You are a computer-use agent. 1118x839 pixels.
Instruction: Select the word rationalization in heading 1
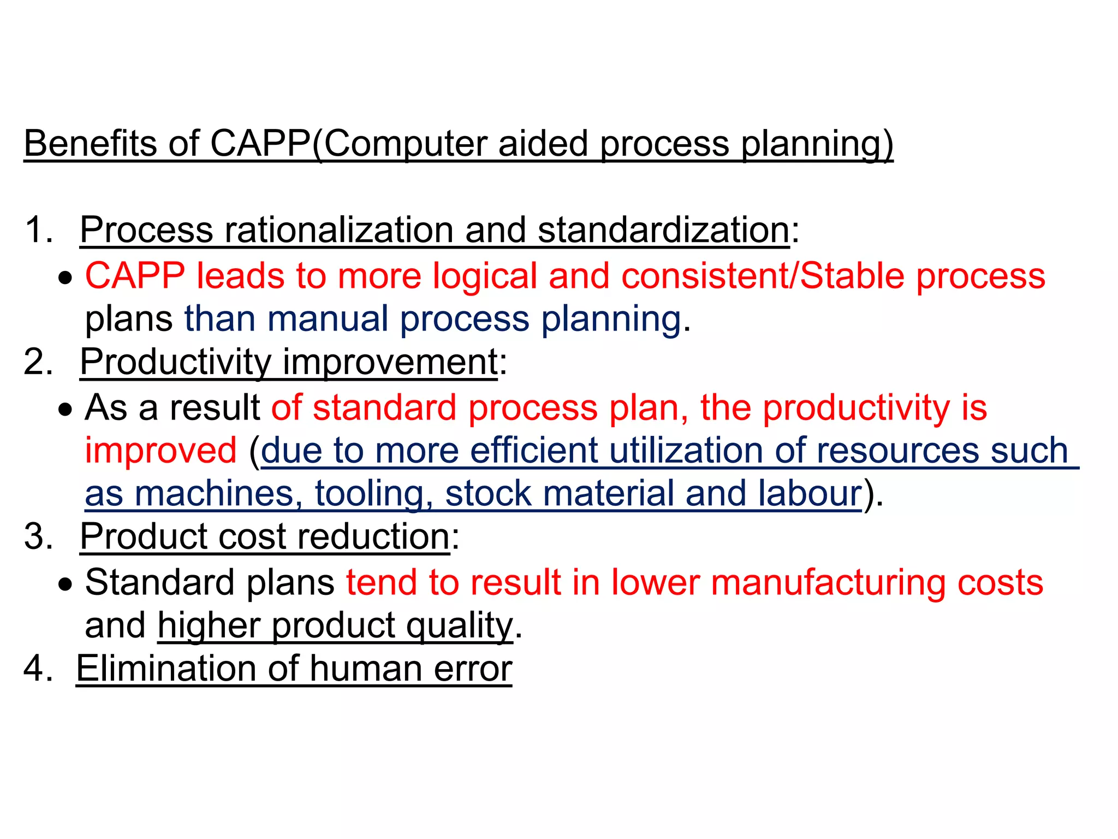(338, 229)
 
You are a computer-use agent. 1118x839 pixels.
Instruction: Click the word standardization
(663, 229)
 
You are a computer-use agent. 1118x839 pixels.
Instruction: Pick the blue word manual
(328, 318)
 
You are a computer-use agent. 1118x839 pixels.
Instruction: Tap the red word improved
(161, 451)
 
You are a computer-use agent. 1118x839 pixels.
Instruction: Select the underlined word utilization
(686, 451)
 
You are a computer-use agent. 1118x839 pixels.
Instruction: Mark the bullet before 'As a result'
(66, 410)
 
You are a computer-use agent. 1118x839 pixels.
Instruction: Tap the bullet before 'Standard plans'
(66, 584)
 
